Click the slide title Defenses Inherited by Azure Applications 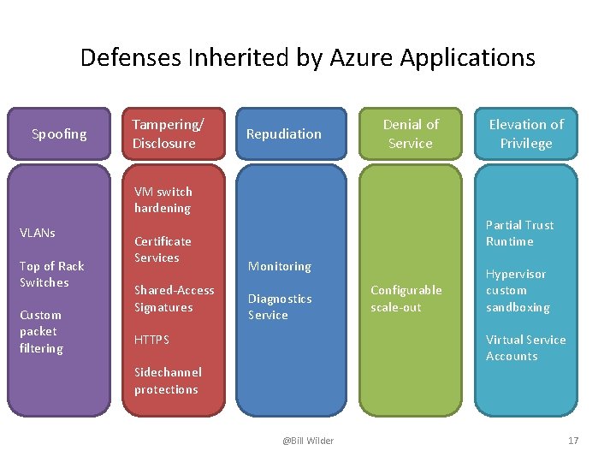click(307, 57)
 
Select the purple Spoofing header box click(59, 133)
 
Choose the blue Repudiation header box click(291, 133)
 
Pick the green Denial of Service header click(410, 133)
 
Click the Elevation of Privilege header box click(526, 133)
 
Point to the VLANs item click(38, 233)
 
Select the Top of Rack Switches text click(51, 274)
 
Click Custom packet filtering click(41, 331)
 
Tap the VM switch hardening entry click(163, 199)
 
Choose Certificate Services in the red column click(163, 249)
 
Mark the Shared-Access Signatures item click(174, 299)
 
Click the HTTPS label click(151, 340)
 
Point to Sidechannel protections click(167, 381)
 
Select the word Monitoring click(279, 266)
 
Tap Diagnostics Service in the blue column click(280, 306)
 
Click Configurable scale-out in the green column click(406, 299)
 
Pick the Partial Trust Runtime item click(519, 233)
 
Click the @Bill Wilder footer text click(308, 441)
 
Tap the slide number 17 click(573, 441)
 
